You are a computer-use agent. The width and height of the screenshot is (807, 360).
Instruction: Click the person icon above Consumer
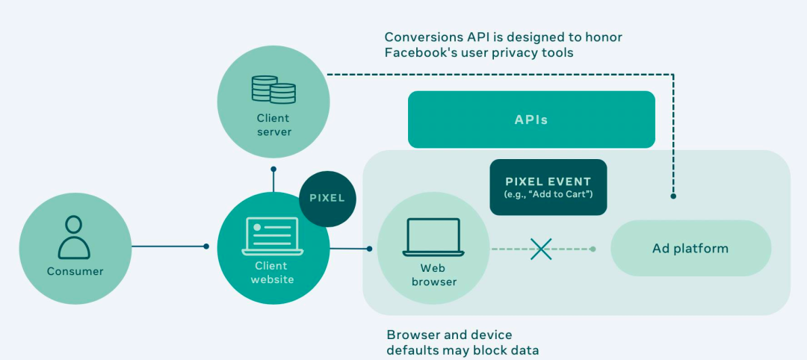coord(73,237)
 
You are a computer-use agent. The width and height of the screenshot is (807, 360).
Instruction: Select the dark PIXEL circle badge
coord(327,198)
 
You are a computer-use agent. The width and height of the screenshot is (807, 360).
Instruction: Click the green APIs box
coord(531,120)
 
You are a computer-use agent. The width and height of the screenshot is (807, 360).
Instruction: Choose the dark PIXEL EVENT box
coord(548,187)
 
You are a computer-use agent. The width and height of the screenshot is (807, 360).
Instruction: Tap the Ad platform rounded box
coord(690,249)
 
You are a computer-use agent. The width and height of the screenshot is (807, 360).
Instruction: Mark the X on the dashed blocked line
coord(541,249)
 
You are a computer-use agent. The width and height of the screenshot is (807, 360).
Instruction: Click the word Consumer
coord(74,271)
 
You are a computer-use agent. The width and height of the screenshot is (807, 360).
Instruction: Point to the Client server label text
coord(273,125)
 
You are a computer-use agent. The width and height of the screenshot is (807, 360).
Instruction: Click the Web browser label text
coord(433,274)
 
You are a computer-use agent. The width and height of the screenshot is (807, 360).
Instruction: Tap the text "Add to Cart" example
coord(557,196)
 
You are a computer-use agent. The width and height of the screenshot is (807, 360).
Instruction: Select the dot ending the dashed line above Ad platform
coord(673,196)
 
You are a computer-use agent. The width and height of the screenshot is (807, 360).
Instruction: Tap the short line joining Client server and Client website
coord(273,181)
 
